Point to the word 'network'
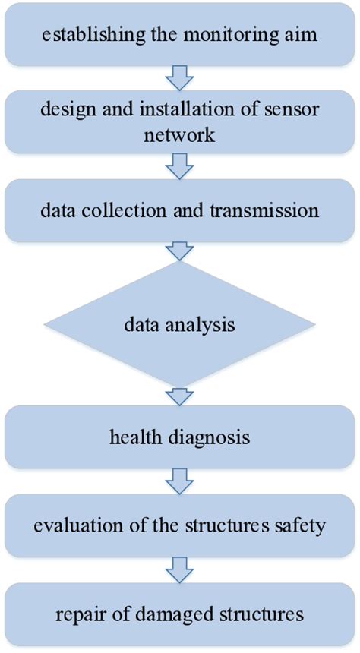tap(180, 134)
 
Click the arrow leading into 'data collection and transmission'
tap(181, 163)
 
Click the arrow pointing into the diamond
tap(181, 250)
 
